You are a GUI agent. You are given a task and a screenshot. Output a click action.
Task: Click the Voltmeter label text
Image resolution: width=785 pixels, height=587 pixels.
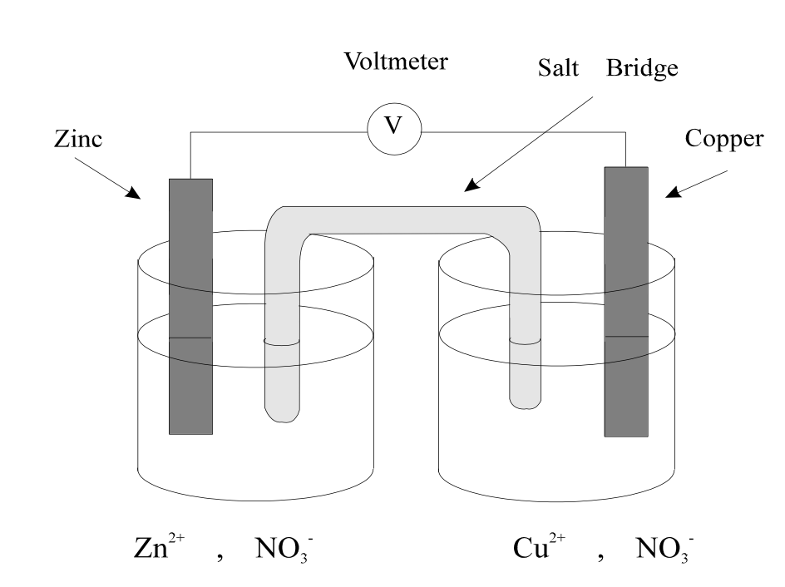(396, 62)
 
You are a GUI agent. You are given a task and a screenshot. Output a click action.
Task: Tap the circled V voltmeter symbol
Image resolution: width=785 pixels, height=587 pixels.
(394, 128)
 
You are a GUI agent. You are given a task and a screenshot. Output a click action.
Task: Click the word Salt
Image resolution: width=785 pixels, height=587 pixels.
(558, 67)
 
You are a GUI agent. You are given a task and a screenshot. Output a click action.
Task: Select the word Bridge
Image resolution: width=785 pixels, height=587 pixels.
(642, 68)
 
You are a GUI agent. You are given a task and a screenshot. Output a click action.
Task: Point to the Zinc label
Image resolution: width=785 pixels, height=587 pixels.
(78, 139)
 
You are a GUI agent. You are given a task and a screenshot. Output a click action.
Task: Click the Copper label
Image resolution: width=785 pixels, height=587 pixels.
(724, 139)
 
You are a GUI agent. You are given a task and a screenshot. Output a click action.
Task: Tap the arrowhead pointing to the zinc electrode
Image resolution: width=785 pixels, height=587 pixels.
(134, 193)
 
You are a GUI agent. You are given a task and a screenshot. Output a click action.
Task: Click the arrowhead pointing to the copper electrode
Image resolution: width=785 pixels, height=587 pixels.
(673, 193)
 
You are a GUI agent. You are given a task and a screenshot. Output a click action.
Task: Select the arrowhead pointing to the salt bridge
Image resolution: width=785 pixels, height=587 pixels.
(471, 185)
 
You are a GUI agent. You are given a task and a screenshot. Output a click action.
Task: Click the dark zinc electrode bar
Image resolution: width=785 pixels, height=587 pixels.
(190, 306)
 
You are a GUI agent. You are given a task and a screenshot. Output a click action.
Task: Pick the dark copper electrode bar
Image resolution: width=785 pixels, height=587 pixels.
(626, 302)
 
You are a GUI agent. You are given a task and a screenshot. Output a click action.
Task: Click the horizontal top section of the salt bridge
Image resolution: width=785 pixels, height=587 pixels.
(403, 220)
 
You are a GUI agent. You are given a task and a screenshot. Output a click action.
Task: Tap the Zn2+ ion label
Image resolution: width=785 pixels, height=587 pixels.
(159, 546)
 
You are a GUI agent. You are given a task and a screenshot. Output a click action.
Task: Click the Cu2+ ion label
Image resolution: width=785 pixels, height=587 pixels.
(539, 546)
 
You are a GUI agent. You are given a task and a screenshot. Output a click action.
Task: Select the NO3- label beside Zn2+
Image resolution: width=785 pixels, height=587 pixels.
(284, 549)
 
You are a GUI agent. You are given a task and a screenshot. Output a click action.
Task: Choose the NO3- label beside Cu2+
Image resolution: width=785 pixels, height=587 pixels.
(665, 549)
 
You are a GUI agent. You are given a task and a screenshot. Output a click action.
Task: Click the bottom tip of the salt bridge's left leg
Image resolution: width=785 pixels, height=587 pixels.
(283, 422)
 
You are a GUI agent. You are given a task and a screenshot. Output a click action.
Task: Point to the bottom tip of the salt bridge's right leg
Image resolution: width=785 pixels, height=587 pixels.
(526, 408)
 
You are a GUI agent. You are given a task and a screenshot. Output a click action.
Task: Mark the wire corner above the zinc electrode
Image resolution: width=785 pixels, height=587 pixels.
(190, 132)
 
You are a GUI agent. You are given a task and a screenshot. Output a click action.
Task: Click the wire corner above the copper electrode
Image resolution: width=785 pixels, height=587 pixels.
(626, 132)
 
